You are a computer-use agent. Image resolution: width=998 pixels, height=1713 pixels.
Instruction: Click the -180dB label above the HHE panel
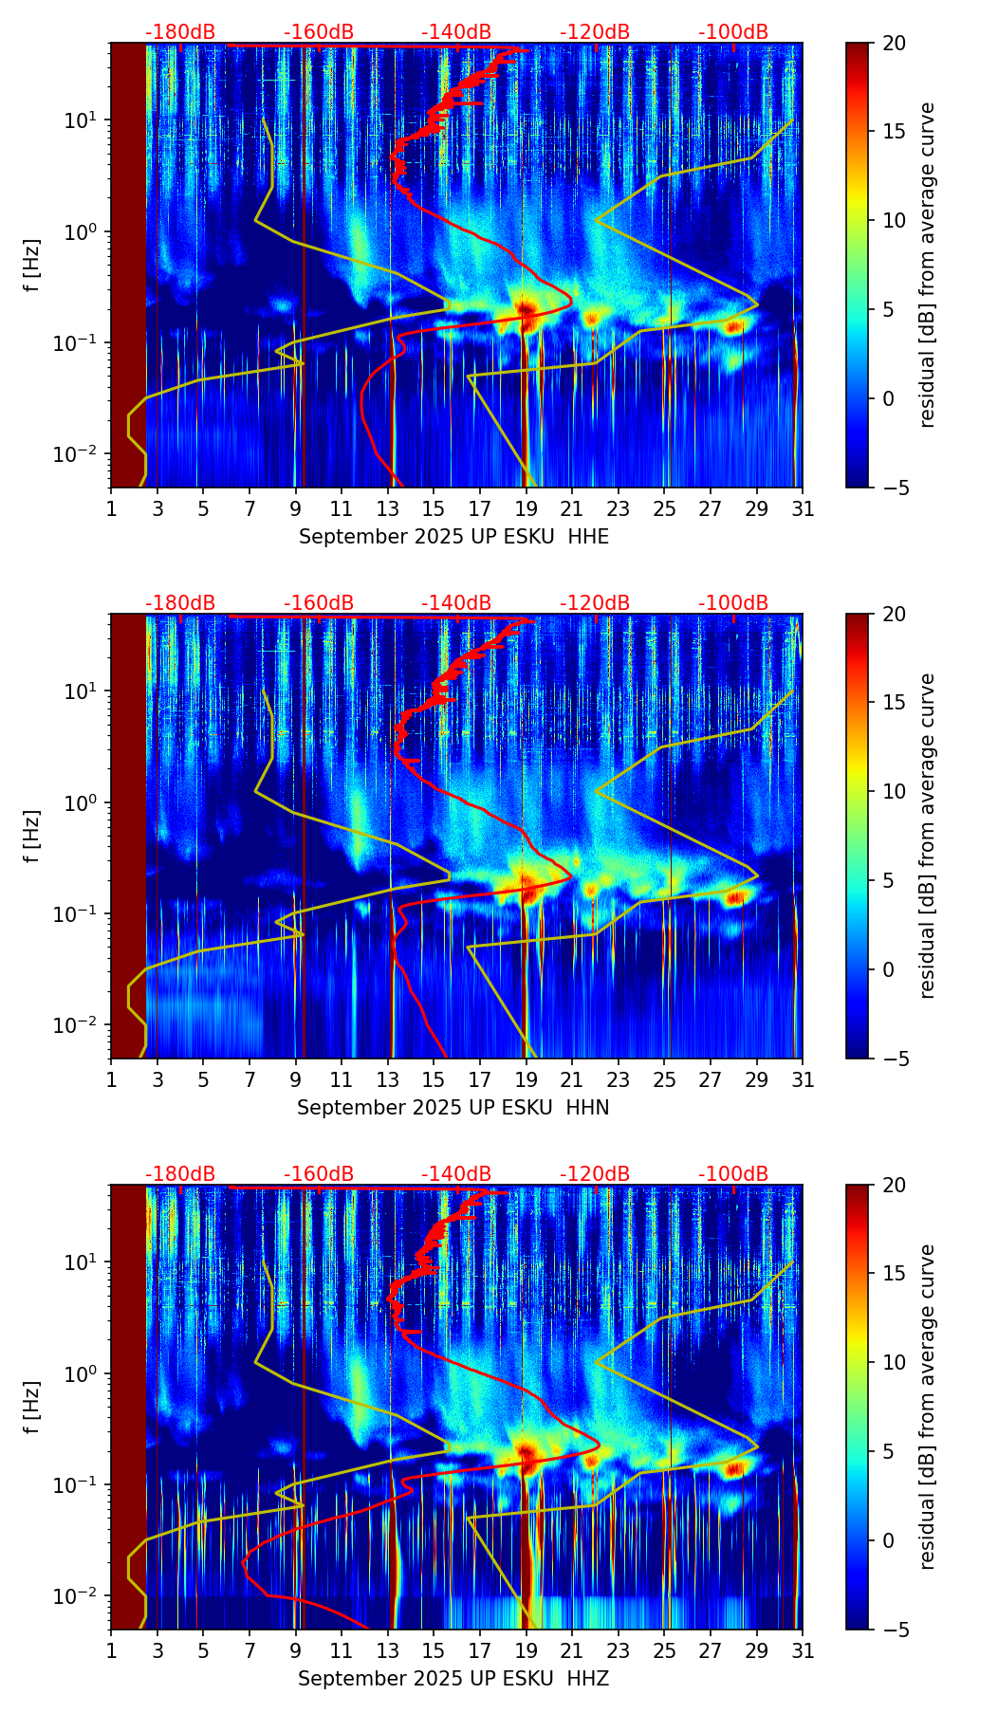click(180, 32)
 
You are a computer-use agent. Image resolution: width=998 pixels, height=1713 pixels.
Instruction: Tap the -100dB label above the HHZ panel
click(733, 1174)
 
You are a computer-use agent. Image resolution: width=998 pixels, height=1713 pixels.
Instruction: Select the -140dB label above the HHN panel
click(456, 603)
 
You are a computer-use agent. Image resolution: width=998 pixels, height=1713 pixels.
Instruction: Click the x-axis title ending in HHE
click(453, 537)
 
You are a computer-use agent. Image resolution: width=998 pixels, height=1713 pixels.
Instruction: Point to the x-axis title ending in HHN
click(453, 1108)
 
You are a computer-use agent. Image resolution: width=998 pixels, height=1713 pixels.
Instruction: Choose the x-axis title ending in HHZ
click(453, 1679)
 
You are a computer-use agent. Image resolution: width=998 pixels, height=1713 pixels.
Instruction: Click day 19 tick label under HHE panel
click(526, 508)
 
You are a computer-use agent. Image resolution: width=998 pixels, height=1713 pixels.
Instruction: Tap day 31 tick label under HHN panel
click(803, 1079)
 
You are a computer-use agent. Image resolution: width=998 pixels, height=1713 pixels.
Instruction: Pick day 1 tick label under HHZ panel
click(111, 1650)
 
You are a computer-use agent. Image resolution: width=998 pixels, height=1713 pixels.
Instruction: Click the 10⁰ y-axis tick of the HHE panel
click(82, 232)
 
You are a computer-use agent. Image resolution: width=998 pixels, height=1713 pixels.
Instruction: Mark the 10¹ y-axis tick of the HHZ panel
click(82, 1262)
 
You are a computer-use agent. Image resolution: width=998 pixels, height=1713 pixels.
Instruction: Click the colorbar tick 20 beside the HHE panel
click(894, 44)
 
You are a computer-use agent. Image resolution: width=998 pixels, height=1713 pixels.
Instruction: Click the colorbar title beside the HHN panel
click(928, 836)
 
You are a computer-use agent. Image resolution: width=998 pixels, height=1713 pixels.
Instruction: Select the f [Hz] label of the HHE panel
click(33, 265)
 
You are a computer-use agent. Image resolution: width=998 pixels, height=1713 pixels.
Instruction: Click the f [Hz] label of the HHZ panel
click(33, 1407)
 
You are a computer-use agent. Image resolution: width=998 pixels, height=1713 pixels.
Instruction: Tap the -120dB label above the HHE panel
click(595, 32)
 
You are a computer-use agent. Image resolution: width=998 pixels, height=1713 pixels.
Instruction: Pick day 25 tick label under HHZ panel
click(664, 1650)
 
